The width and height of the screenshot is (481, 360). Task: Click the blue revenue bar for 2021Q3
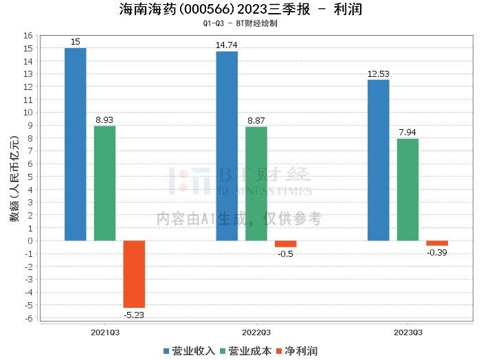(x=76, y=144)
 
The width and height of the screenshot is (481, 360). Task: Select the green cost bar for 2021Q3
(x=104, y=183)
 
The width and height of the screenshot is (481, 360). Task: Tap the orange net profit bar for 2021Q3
(x=134, y=274)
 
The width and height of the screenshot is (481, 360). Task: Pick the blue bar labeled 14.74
(x=227, y=146)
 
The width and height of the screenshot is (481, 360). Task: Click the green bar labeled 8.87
(x=256, y=184)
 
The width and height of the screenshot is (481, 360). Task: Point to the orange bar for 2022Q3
(x=285, y=244)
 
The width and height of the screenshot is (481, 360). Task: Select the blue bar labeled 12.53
(x=379, y=160)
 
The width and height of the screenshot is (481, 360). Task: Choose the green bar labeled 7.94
(x=407, y=190)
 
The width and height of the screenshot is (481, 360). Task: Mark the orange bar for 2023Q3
(x=437, y=243)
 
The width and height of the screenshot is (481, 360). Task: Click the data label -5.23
(x=134, y=315)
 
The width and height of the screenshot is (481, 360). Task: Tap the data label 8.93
(x=104, y=120)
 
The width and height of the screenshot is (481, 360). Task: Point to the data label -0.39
(x=437, y=253)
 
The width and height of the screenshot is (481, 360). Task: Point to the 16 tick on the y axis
(x=29, y=36)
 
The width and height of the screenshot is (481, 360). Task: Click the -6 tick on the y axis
(x=28, y=318)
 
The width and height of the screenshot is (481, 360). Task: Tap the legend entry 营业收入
(x=190, y=350)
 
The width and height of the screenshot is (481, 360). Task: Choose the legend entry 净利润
(x=297, y=350)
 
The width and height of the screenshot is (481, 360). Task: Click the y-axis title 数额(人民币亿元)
(x=14, y=177)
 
